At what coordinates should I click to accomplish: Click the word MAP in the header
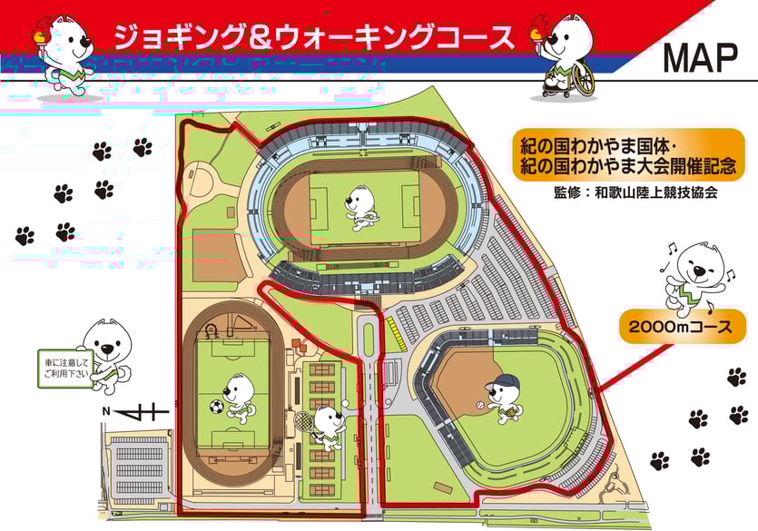pyautogui.click(x=700, y=57)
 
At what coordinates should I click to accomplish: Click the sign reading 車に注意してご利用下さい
pyautogui.click(x=64, y=365)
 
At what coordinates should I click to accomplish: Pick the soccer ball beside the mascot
pyautogui.click(x=217, y=408)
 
